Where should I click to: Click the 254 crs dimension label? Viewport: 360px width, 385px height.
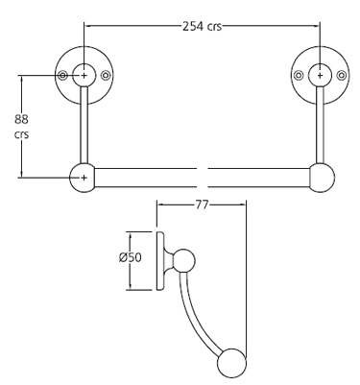203,26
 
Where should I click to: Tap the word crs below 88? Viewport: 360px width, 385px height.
20,135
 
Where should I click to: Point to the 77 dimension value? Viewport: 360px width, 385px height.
202,204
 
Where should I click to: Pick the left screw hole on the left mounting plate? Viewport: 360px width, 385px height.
62,74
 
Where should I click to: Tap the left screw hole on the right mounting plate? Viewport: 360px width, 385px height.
299,74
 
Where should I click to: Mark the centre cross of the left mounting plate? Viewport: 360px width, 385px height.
84,74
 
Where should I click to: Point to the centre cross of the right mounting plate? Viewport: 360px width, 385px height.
321,74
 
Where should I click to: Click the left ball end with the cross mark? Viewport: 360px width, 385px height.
84,179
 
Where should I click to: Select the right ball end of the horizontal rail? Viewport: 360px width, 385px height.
322,179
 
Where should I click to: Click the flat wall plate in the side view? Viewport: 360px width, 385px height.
159,261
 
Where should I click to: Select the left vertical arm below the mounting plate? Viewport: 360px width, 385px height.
84,130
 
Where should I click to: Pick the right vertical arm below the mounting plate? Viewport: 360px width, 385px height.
321,130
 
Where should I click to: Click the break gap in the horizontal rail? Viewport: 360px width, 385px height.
203,179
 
